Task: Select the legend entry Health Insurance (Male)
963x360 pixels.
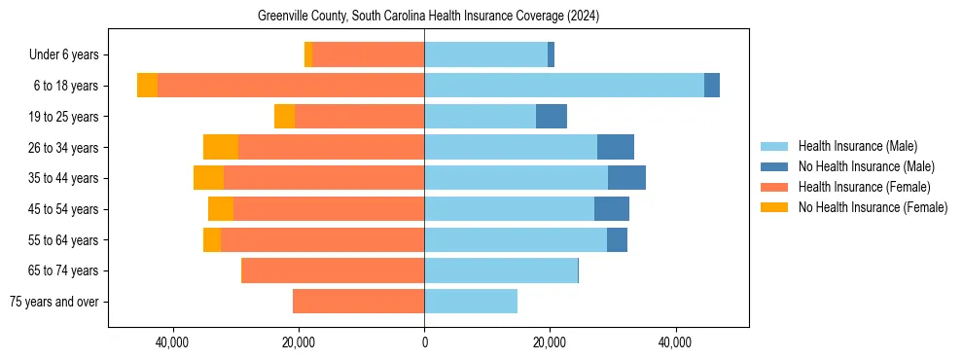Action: point(857,146)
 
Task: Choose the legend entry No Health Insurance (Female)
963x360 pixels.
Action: point(873,207)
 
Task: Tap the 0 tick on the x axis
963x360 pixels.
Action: point(424,342)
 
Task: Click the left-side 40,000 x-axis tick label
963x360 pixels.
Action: point(172,342)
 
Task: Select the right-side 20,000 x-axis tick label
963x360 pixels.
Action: point(550,342)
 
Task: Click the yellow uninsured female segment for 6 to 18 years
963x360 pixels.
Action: point(147,86)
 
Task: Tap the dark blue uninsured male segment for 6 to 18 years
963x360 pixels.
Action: point(712,86)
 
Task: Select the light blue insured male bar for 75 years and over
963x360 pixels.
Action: point(471,302)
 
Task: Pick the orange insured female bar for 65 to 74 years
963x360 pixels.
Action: point(333,270)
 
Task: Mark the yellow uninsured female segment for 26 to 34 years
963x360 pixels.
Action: point(221,147)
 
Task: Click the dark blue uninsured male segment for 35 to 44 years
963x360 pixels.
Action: point(626,178)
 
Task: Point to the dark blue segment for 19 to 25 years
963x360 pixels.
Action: point(552,117)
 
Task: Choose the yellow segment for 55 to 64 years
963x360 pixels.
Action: point(212,239)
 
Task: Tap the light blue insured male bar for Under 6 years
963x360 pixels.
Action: point(485,55)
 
